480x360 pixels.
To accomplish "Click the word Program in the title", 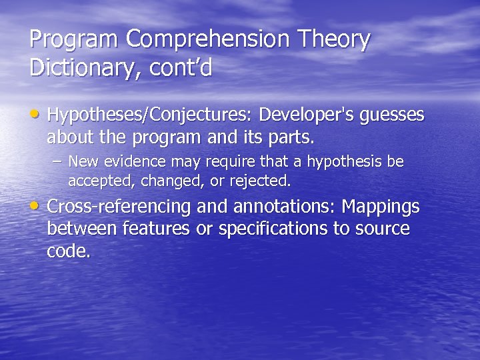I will pyautogui.click(x=74, y=40).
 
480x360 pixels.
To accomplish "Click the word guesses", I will pyautogui.click(x=392, y=117).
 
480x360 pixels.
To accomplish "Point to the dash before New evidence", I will pyautogui.click(x=58, y=162).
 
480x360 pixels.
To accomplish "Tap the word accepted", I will pyautogui.click(x=95, y=181).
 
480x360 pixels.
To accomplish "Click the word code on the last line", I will pyautogui.click(x=67, y=252).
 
